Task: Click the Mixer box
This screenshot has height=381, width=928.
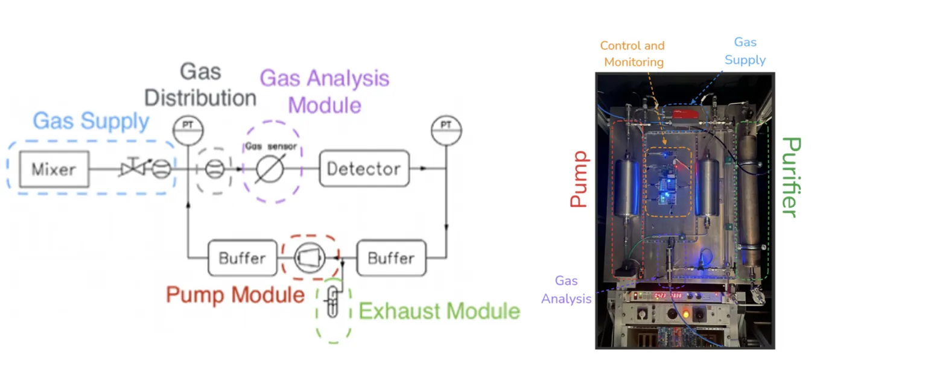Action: [54, 169]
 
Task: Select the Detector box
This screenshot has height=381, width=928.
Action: [364, 169]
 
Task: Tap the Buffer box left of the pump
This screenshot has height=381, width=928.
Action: [243, 258]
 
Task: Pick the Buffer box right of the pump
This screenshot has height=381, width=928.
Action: [392, 258]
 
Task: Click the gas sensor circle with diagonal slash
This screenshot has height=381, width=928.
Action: [270, 169]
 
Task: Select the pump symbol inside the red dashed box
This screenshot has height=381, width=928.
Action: [310, 258]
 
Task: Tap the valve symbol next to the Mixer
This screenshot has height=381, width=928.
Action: [133, 168]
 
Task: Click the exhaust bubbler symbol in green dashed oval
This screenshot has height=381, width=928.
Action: [332, 301]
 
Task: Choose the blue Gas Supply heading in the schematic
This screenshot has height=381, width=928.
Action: [91, 121]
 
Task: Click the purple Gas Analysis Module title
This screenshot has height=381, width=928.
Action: [325, 92]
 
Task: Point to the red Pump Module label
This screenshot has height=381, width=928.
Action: [235, 295]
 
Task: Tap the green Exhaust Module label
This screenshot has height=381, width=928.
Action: [439, 311]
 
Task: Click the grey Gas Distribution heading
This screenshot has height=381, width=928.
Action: [200, 85]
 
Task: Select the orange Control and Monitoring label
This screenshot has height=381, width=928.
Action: [632, 54]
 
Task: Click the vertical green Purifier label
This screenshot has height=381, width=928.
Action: [791, 177]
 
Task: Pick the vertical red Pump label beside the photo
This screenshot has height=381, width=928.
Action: [579, 179]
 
